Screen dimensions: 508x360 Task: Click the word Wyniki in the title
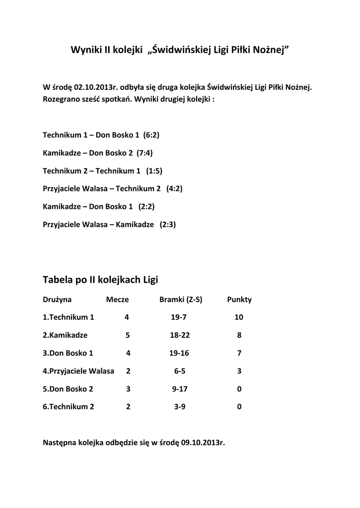coord(86,50)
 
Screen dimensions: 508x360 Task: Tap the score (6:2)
coord(151,135)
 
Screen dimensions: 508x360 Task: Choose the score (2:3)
coord(168,224)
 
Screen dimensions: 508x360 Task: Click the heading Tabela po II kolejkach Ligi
coord(100,280)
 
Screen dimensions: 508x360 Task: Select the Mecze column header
coord(117,300)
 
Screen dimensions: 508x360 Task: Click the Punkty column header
coord(239,300)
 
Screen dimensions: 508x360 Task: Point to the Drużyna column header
coord(57,300)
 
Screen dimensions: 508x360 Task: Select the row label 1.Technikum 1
coord(69,317)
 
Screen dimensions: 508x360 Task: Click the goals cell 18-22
coord(180,335)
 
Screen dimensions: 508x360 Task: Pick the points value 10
coord(239,317)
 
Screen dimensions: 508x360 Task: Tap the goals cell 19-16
coord(179,353)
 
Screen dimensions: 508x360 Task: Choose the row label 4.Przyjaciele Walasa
coord(78,371)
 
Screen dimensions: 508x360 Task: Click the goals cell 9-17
coord(180,389)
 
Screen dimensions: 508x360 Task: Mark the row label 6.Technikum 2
coord(69,407)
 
